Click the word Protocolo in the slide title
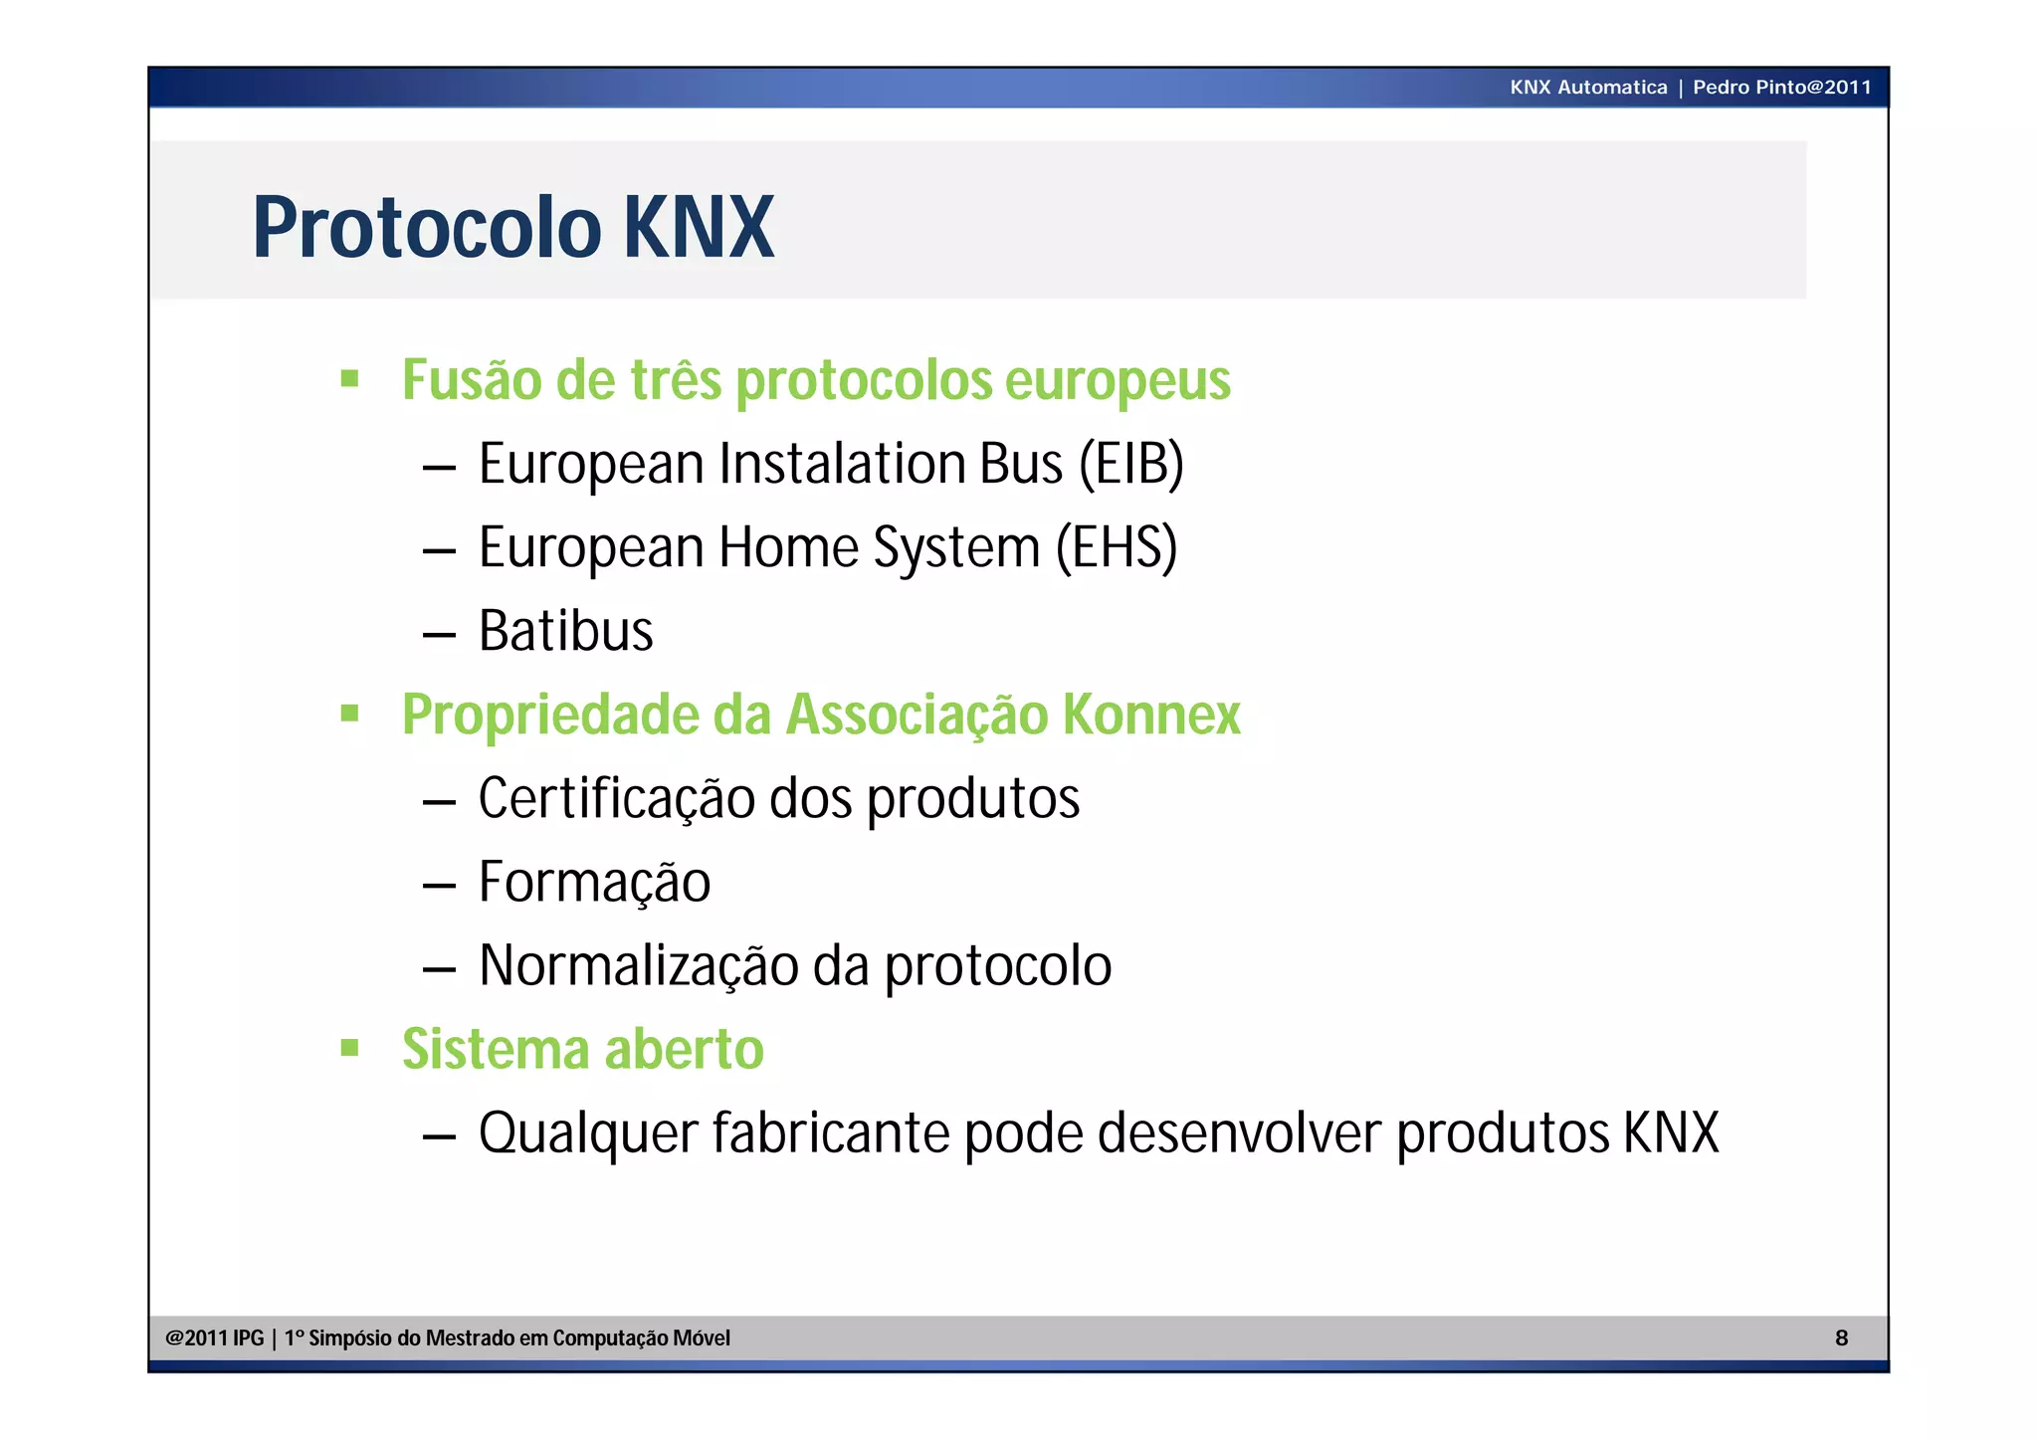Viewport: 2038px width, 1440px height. pos(428,228)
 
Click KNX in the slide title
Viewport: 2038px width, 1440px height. pos(699,228)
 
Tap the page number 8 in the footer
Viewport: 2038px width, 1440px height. pos(1841,1337)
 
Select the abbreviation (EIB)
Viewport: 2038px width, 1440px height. pos(1131,464)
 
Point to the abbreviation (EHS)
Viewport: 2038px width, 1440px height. pos(1117,547)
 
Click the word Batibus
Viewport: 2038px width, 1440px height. pos(565,631)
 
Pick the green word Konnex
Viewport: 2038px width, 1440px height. pos(1151,715)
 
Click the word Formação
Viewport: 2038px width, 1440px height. pos(594,882)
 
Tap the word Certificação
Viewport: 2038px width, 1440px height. pos(616,798)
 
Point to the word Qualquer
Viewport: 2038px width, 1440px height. pos(588,1132)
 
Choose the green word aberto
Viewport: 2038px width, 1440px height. pos(684,1049)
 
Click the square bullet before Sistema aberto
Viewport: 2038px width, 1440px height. pos(349,1048)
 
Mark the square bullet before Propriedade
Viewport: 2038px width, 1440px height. pos(349,714)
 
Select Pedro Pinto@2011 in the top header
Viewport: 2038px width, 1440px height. pos(1781,88)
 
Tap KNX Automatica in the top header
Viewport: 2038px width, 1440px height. pos(1588,88)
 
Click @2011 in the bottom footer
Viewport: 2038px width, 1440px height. pos(196,1337)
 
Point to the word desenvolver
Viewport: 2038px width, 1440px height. pos(1240,1132)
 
